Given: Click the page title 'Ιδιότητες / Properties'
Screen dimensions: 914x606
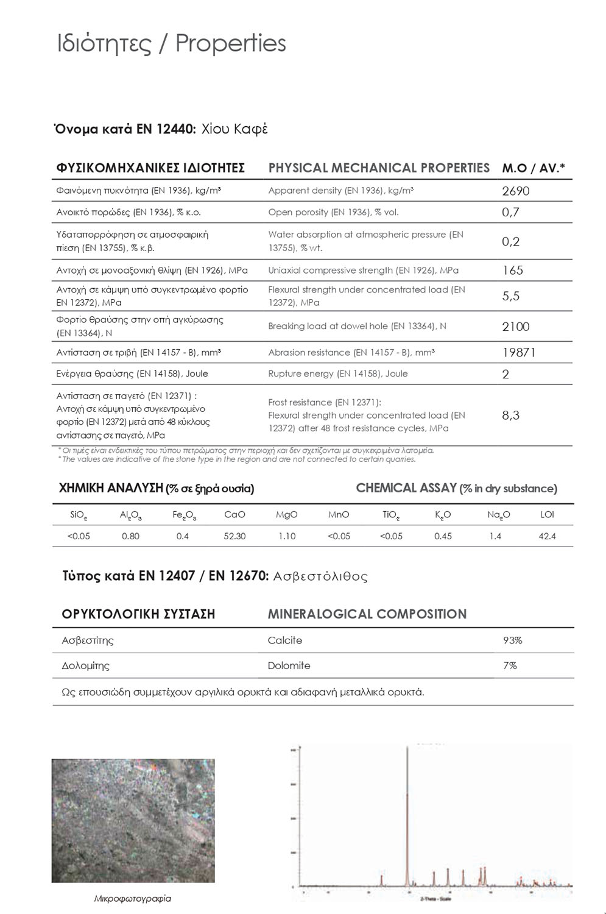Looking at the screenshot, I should [x=171, y=44].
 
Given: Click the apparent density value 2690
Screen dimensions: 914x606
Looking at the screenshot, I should [x=515, y=191].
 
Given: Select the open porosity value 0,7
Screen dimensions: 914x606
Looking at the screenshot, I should [x=510, y=212].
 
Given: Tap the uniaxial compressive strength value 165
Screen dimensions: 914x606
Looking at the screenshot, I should [x=512, y=270].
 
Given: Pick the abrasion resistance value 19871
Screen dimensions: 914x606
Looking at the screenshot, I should [x=518, y=352].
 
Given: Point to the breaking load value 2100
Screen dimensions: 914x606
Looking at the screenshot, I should [x=515, y=327].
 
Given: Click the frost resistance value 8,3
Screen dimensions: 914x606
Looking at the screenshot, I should [x=510, y=415].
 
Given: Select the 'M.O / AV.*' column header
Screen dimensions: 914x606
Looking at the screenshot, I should [x=533, y=168].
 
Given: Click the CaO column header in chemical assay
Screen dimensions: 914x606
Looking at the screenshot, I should [x=234, y=514].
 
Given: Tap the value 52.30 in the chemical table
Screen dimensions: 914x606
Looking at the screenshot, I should [x=234, y=536].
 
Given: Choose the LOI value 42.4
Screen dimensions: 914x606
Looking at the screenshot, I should [x=547, y=536].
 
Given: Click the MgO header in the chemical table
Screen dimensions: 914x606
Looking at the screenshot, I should [x=286, y=514].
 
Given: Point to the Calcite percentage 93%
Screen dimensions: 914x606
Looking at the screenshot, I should [x=512, y=640].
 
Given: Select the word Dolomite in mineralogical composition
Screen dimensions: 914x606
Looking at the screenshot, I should [x=289, y=665].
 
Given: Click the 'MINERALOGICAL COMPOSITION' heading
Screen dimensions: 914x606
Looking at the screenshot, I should [x=367, y=614].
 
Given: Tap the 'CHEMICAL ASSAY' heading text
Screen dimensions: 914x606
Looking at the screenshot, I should [x=406, y=488].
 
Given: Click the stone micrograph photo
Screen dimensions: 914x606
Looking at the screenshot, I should [x=133, y=820].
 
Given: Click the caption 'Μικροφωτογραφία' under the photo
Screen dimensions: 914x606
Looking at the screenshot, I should [x=132, y=898].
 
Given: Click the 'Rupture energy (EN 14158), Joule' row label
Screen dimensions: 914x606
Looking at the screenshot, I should [x=337, y=374].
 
